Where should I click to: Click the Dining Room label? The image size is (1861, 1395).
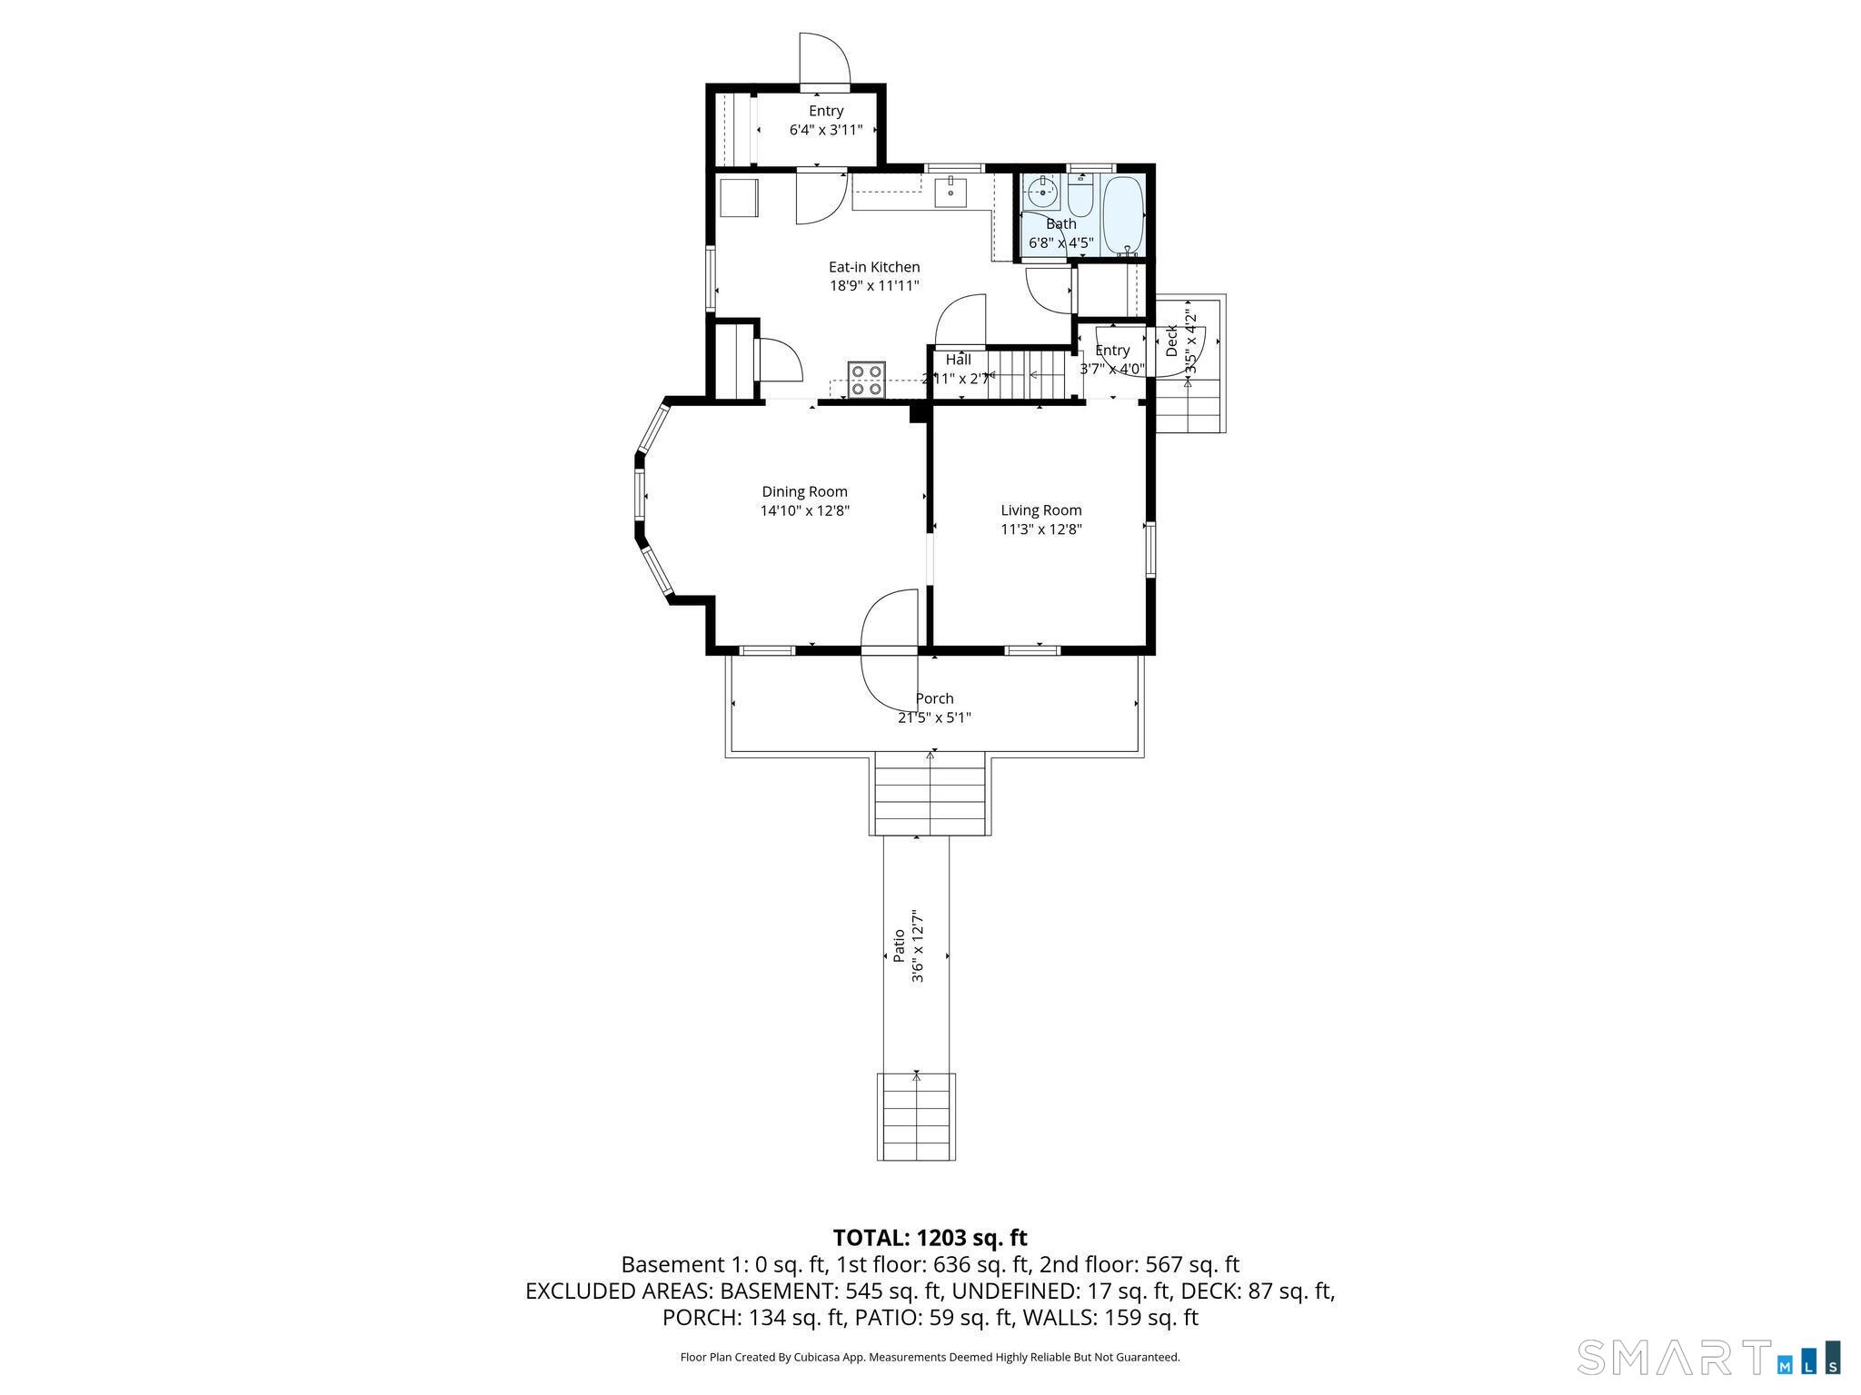pyautogui.click(x=804, y=491)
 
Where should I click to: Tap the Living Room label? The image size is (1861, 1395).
pyautogui.click(x=1041, y=510)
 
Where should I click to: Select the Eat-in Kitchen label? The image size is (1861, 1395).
pyautogui.click(x=874, y=267)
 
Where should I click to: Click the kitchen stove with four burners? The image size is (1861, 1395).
pyautogui.click(x=867, y=379)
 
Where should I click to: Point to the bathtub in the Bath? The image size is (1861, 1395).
pyautogui.click(x=1123, y=216)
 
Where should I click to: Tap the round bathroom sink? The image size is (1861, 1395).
pyautogui.click(x=1041, y=193)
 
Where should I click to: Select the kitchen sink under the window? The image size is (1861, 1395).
pyautogui.click(x=950, y=193)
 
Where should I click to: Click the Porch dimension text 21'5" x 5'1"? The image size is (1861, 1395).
pyautogui.click(x=934, y=717)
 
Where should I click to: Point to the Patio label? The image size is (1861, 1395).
pyautogui.click(x=899, y=945)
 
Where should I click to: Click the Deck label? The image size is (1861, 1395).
pyautogui.click(x=1171, y=341)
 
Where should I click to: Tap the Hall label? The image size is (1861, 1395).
pyautogui.click(x=958, y=360)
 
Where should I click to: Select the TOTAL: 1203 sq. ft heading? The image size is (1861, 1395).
pyautogui.click(x=930, y=1238)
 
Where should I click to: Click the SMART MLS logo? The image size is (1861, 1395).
pyautogui.click(x=1708, y=1357)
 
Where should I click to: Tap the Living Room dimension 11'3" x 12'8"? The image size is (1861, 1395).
pyautogui.click(x=1041, y=529)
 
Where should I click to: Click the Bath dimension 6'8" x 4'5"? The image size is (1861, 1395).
pyautogui.click(x=1060, y=242)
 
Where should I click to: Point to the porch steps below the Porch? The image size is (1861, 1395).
pyautogui.click(x=930, y=794)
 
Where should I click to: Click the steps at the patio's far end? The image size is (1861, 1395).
pyautogui.click(x=916, y=1116)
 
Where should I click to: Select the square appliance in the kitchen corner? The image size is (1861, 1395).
pyautogui.click(x=739, y=198)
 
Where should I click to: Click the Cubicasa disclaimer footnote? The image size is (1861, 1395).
pyautogui.click(x=930, y=1357)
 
